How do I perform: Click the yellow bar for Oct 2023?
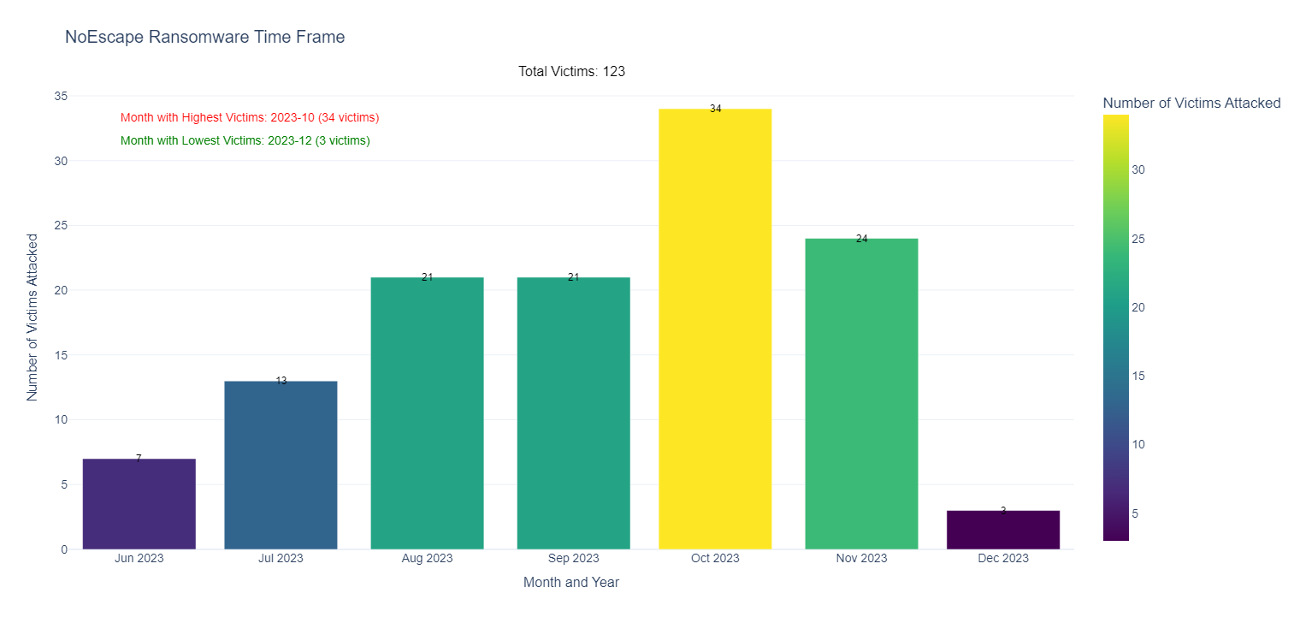point(715,329)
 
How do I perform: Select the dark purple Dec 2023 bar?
point(1003,530)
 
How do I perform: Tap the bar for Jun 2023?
point(139,504)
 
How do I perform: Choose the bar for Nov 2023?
point(861,394)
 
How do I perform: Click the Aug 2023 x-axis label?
point(427,559)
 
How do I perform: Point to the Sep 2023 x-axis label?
point(573,559)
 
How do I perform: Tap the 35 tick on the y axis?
point(61,96)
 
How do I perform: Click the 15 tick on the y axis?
point(61,355)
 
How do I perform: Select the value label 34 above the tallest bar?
point(716,109)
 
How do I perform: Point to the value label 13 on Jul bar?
point(281,381)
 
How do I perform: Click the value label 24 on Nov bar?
point(862,239)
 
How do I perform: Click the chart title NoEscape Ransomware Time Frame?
point(204,37)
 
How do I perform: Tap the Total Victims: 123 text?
point(571,71)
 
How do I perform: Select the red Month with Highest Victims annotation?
point(250,117)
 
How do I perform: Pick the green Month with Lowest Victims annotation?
point(245,140)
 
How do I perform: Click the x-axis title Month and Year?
point(571,583)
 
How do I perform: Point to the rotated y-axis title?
point(32,317)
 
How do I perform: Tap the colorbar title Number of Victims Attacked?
point(1191,103)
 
